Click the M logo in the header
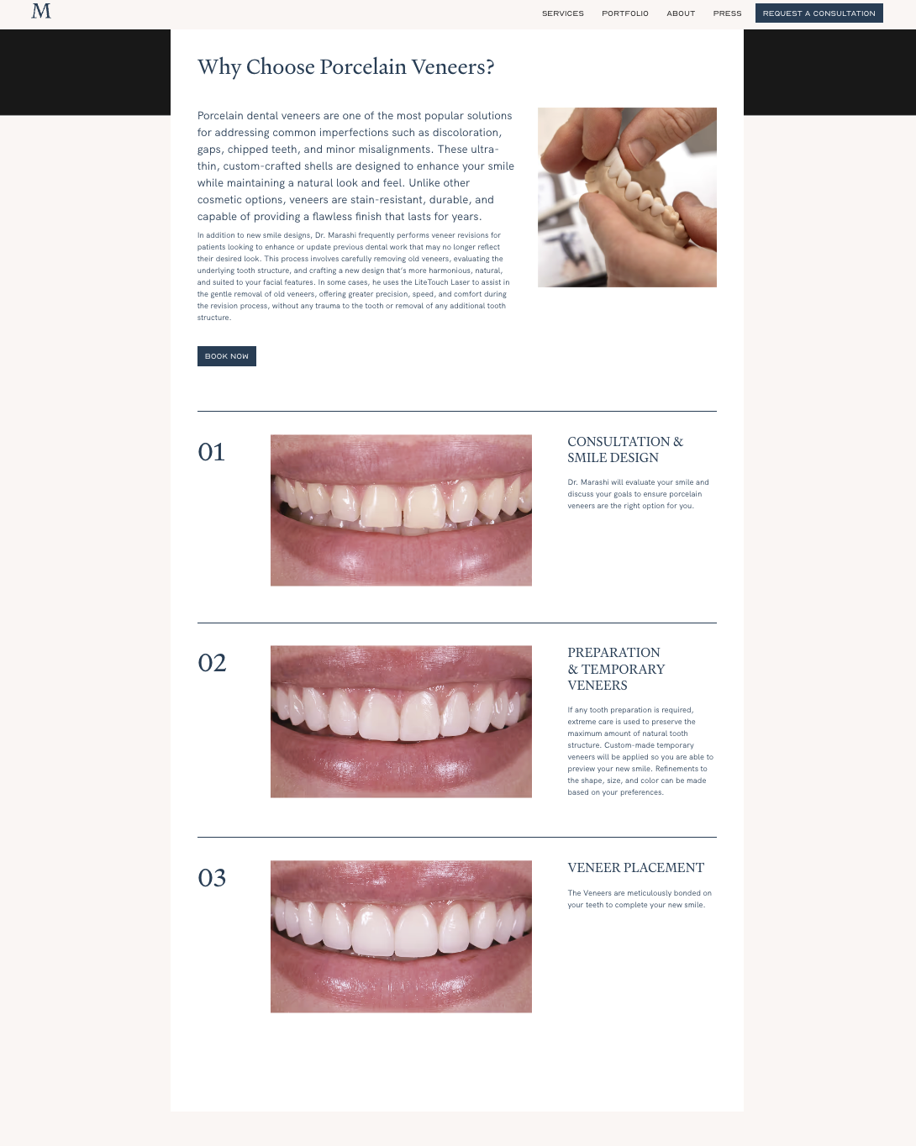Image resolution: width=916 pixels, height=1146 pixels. point(41,11)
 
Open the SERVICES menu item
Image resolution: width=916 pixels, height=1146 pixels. point(563,13)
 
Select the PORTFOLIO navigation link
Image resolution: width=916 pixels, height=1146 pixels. point(625,13)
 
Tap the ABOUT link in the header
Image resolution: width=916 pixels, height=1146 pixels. point(681,13)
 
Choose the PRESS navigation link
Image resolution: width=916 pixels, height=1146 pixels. point(728,13)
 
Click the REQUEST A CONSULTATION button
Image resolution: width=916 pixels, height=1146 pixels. point(819,13)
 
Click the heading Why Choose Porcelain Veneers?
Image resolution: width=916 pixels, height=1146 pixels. point(346,67)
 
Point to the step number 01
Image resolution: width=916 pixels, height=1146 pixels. point(211,452)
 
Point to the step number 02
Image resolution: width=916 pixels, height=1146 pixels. point(212,663)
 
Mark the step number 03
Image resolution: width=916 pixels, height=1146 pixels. point(212,878)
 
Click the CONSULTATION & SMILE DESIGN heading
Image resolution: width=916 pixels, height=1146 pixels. point(625,449)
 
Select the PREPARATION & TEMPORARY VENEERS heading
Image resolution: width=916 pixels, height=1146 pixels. point(616,669)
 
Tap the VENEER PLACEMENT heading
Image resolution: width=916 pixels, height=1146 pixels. point(635,868)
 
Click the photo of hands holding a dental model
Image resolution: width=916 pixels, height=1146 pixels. point(627,197)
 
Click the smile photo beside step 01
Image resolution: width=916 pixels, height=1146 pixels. point(401,510)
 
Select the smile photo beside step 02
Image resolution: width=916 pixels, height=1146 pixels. point(401,722)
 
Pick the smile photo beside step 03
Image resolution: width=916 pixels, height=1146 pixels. point(401,936)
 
